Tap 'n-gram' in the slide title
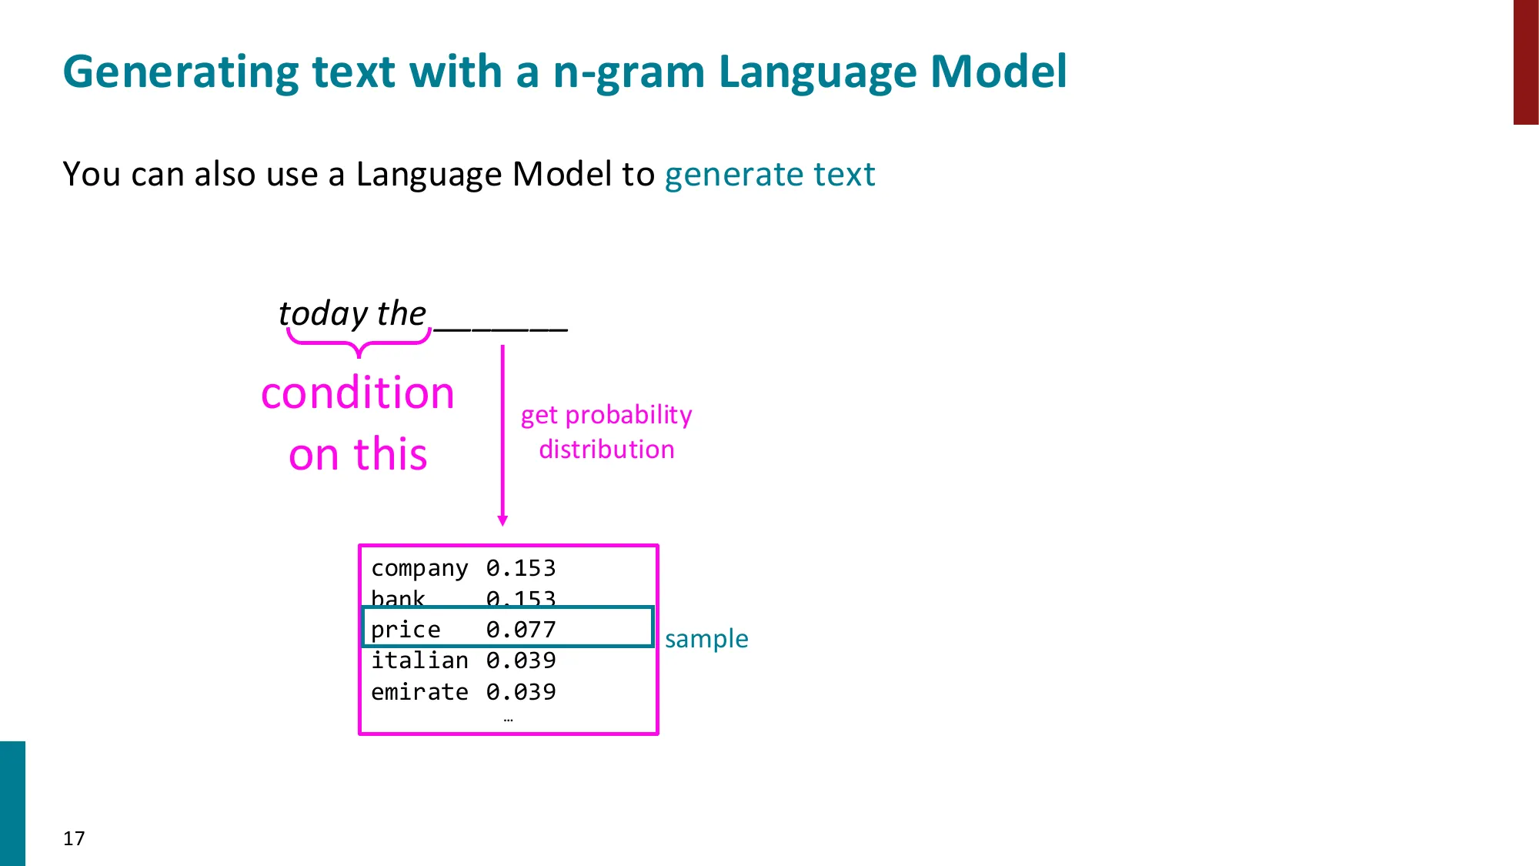pyautogui.click(x=629, y=73)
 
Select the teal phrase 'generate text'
pyautogui.click(x=769, y=174)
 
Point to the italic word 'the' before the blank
pyautogui.click(x=401, y=313)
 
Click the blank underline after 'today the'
pyautogui.click(x=501, y=328)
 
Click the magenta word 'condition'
pyautogui.click(x=358, y=393)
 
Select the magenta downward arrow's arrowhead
pyautogui.click(x=502, y=520)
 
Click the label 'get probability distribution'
pyautogui.click(x=606, y=432)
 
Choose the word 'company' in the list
pyautogui.click(x=419, y=568)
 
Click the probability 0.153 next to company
pyautogui.click(x=521, y=568)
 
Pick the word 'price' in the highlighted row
pyautogui.click(x=406, y=630)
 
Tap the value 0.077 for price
pyautogui.click(x=521, y=630)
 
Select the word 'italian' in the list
pyautogui.click(x=419, y=660)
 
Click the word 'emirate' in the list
pyautogui.click(x=419, y=692)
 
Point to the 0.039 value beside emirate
pyautogui.click(x=521, y=692)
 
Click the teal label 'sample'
pyautogui.click(x=706, y=639)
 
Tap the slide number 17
pyautogui.click(x=74, y=838)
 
